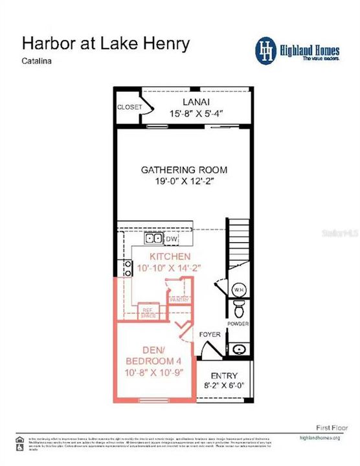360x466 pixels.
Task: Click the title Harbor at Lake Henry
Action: tap(106, 43)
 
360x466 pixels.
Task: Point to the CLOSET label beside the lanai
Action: tap(129, 107)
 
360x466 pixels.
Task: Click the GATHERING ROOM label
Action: tap(185, 170)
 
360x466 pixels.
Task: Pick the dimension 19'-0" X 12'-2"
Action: tap(185, 182)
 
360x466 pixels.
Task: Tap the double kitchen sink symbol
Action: tap(153, 238)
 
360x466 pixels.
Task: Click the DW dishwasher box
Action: tap(172, 239)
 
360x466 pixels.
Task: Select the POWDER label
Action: tap(238, 324)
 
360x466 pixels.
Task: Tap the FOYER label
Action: tap(210, 335)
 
